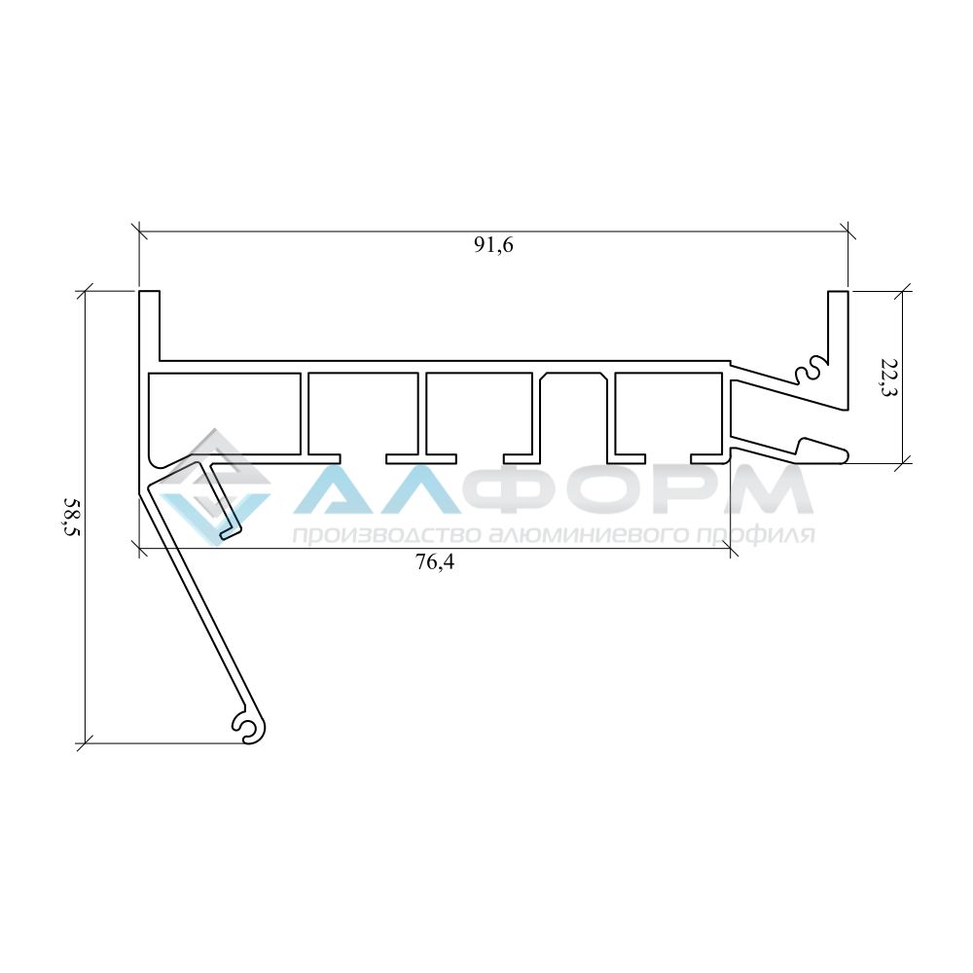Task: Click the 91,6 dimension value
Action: tap(494, 245)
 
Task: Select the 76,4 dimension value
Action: tap(434, 561)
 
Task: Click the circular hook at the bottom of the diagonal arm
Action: tap(250, 726)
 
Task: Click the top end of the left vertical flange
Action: tap(149, 291)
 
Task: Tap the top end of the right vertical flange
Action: tap(838, 291)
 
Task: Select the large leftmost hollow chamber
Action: tap(225, 414)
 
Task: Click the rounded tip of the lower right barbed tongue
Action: tap(846, 454)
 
